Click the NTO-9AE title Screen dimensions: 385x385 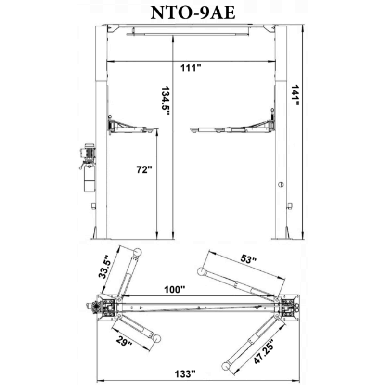click(192, 13)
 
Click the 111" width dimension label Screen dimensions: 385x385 click(191, 68)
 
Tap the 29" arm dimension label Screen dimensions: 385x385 click(124, 342)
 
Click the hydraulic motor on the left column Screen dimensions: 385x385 click(88, 152)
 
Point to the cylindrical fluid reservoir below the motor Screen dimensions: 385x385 click(89, 179)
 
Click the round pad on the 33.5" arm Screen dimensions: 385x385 click(137, 252)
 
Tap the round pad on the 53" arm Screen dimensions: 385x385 click(201, 272)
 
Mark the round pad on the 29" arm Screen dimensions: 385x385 click(156, 339)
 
